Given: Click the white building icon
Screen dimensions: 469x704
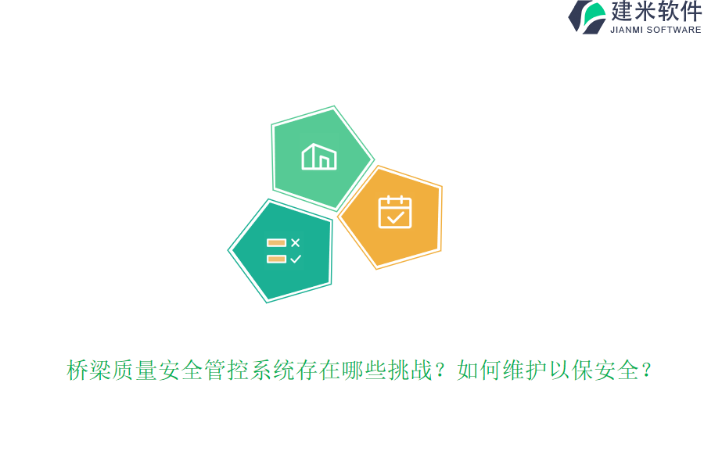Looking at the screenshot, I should pyautogui.click(x=319, y=156).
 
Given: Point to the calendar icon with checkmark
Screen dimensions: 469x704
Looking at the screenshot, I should pyautogui.click(x=395, y=212).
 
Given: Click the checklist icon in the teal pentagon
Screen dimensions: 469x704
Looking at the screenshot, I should pyautogui.click(x=283, y=251).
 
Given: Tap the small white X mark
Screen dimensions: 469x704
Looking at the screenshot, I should pyautogui.click(x=295, y=243).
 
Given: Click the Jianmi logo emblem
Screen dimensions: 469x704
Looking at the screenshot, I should pyautogui.click(x=587, y=17).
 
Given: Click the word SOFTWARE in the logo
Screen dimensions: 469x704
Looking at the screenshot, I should pyautogui.click(x=673, y=30).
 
